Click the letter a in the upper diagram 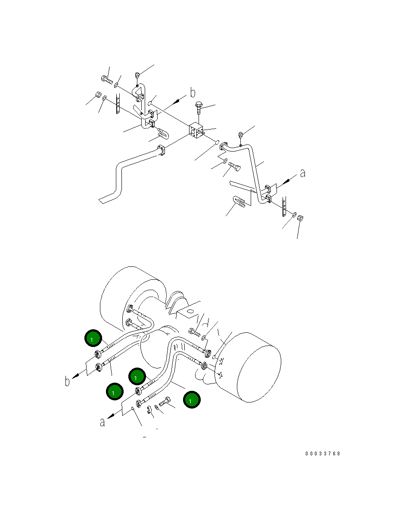pyautogui.click(x=302, y=173)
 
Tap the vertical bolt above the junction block pyautogui.click(x=199, y=106)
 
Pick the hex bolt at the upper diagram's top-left pyautogui.click(x=107, y=79)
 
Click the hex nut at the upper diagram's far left pyautogui.click(x=98, y=95)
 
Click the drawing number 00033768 pyautogui.click(x=323, y=454)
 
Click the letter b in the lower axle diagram pyautogui.click(x=68, y=381)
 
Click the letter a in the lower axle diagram pyautogui.click(x=103, y=422)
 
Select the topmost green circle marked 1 pyautogui.click(x=93, y=339)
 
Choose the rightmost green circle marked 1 pyautogui.click(x=192, y=400)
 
